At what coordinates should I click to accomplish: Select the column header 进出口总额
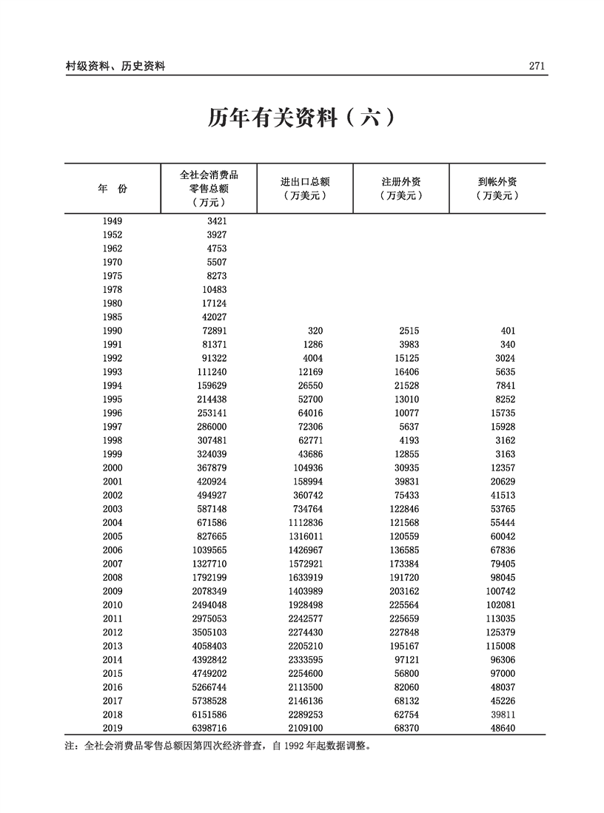click(305, 182)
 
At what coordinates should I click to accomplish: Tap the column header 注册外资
click(401, 182)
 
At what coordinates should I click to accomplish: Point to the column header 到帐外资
click(497, 182)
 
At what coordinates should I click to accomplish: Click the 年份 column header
click(113, 189)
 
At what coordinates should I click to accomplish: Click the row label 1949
click(113, 220)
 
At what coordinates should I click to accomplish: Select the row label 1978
click(113, 289)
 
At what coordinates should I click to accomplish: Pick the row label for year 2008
click(113, 577)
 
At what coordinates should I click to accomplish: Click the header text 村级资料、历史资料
click(115, 66)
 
